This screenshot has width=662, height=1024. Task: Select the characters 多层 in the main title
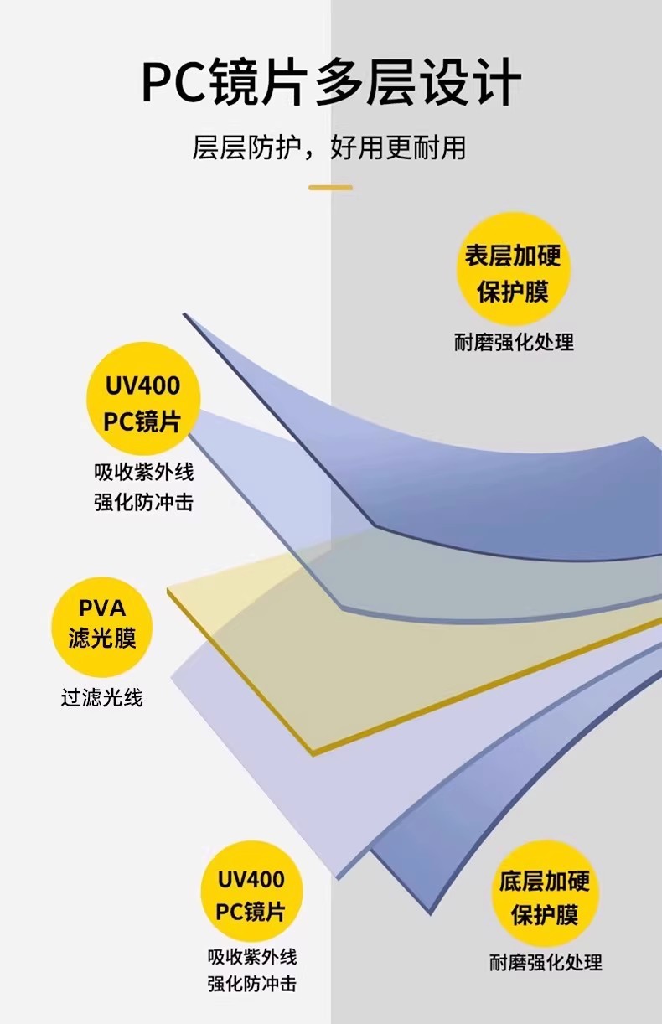(365, 82)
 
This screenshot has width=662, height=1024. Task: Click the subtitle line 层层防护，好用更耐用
(329, 147)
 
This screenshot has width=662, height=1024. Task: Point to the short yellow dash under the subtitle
(330, 188)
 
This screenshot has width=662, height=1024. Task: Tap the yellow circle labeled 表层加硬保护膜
(514, 269)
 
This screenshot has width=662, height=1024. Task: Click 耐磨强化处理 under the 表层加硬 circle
(514, 342)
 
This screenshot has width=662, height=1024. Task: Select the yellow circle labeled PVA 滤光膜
(101, 627)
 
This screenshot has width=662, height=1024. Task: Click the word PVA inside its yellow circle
(102, 608)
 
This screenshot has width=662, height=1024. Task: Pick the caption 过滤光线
(102, 698)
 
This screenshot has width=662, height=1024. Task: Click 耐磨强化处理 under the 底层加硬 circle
(546, 962)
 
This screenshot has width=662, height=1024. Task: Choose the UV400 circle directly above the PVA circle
(143, 399)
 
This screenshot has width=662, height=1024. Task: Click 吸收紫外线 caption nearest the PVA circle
(144, 472)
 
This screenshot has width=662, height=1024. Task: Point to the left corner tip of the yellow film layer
(168, 590)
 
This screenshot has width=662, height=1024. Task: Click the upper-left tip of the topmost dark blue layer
(184, 314)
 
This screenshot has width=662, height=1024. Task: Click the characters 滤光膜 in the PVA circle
(102, 639)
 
